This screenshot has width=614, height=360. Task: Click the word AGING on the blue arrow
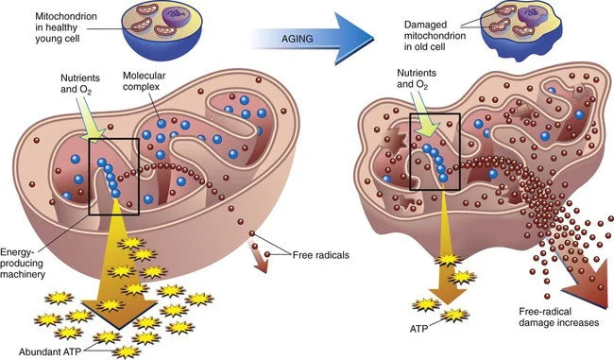(x=298, y=39)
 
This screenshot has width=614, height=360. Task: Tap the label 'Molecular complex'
(x=144, y=81)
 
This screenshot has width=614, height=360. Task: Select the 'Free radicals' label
(x=321, y=255)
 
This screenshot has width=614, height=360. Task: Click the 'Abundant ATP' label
(x=50, y=351)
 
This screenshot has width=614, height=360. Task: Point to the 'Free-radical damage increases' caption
(x=559, y=317)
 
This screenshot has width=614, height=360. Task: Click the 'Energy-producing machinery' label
(x=22, y=263)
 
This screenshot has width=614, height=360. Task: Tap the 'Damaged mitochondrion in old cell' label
(x=435, y=36)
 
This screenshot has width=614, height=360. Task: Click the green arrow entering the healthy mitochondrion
(x=92, y=117)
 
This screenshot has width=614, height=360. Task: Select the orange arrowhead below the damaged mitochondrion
(x=446, y=296)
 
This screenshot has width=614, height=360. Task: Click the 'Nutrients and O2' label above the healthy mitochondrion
(x=80, y=84)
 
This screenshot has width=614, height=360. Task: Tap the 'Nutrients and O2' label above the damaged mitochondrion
(x=417, y=78)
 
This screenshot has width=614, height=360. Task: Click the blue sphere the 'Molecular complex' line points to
(x=162, y=124)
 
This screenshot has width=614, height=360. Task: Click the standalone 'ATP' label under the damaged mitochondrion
(x=418, y=328)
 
